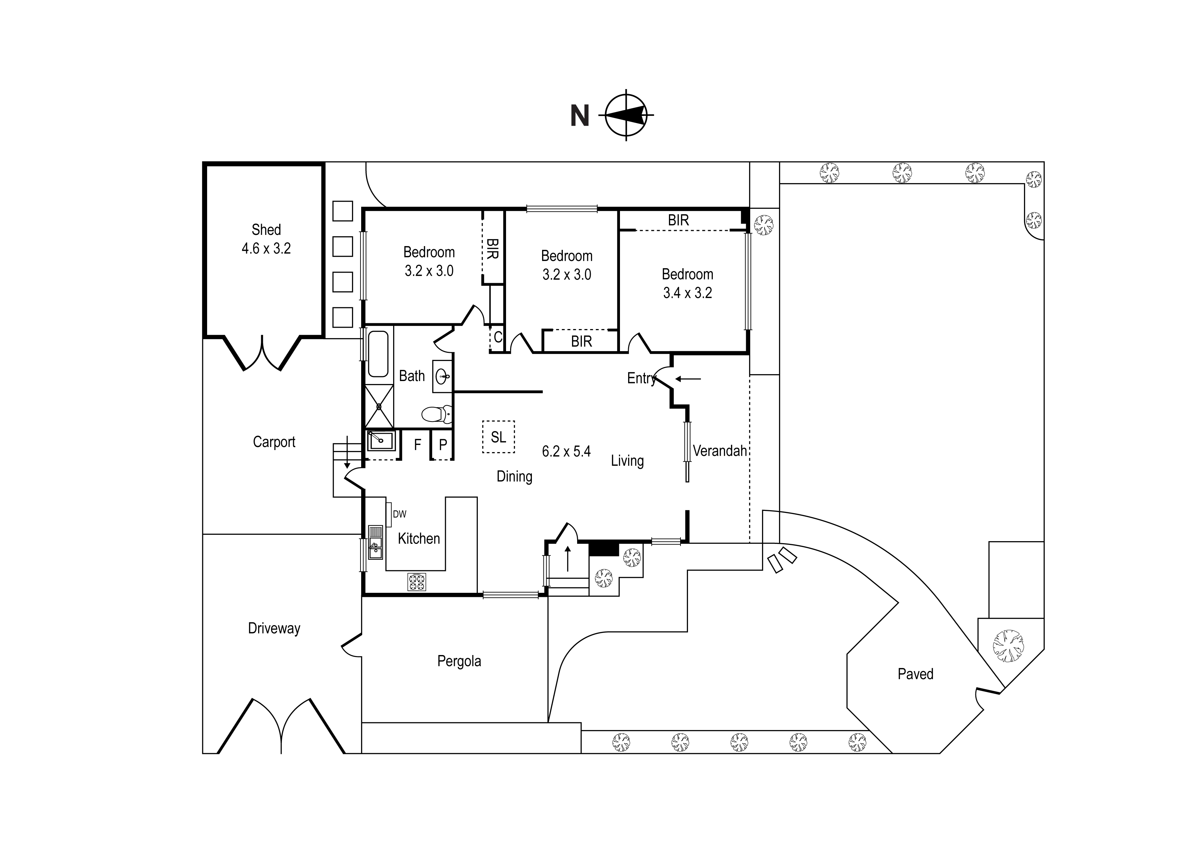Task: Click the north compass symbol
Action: (x=626, y=115)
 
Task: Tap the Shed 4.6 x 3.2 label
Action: (x=266, y=239)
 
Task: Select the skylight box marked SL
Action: (x=498, y=437)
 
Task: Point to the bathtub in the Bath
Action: (x=378, y=354)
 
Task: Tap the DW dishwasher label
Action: (x=399, y=514)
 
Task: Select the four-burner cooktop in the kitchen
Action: (x=416, y=582)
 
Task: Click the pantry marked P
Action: (x=443, y=445)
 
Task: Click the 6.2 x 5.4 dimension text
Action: (x=566, y=451)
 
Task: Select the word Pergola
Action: (x=459, y=661)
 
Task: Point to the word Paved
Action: (x=915, y=674)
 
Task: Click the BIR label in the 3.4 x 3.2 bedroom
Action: (x=678, y=220)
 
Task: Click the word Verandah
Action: (x=719, y=451)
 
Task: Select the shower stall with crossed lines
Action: (x=379, y=406)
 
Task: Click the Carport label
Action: (x=274, y=442)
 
